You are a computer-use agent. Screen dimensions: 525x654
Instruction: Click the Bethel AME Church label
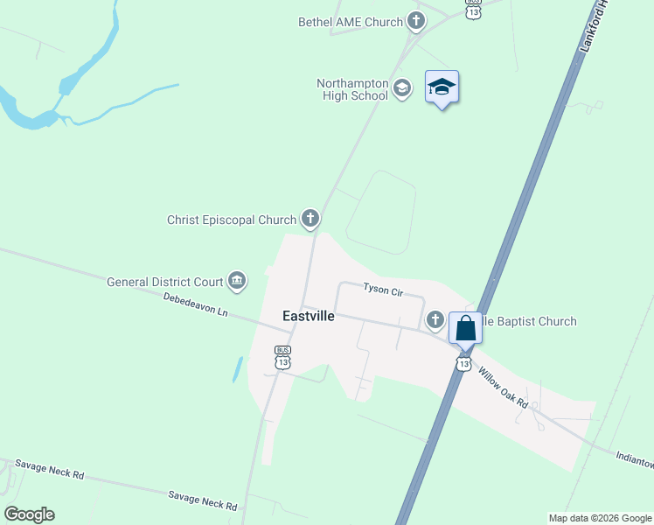point(350,22)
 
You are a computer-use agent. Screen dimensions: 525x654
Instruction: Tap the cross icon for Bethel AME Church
point(415,21)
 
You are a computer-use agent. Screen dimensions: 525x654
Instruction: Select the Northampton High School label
point(351,89)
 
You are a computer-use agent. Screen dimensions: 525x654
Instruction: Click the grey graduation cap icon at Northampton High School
point(401,87)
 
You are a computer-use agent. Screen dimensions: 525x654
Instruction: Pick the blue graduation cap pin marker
point(442,87)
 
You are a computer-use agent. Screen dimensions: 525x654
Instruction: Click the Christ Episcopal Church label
point(232,220)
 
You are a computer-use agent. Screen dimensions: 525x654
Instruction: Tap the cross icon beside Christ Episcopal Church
point(310,218)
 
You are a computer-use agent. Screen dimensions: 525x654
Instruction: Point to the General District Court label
point(165,282)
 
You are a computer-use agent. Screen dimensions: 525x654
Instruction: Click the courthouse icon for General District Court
point(236,281)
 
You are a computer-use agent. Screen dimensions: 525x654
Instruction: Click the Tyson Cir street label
point(382,289)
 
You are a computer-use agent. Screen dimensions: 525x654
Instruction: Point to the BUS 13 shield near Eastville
point(282,356)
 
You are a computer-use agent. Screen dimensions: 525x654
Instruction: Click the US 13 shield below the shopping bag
point(463,361)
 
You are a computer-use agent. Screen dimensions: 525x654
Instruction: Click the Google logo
point(29,514)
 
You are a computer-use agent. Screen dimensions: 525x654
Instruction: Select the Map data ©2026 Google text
point(599,518)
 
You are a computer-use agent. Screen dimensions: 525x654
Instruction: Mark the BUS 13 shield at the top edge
point(473,9)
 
